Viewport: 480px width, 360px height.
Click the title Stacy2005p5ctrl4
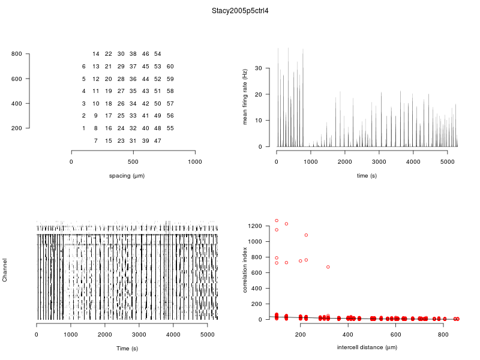(240, 11)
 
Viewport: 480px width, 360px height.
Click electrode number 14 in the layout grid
(96, 54)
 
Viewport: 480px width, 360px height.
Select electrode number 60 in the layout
(170, 67)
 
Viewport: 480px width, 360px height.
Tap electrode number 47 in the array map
(157, 140)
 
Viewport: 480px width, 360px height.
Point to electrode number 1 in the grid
(83, 128)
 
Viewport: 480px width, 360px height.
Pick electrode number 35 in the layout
(133, 91)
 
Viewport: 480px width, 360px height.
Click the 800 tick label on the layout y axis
(16, 55)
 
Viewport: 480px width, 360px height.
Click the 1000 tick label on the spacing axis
(195, 161)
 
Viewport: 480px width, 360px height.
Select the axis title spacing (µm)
(127, 176)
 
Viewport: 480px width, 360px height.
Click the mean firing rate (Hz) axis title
(245, 97)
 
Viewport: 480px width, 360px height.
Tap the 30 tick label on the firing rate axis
(259, 68)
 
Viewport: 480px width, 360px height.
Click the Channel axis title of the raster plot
(5, 271)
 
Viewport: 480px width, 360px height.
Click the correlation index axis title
(245, 271)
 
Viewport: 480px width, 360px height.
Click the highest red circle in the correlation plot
(277, 220)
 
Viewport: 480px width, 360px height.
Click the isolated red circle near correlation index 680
(328, 267)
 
